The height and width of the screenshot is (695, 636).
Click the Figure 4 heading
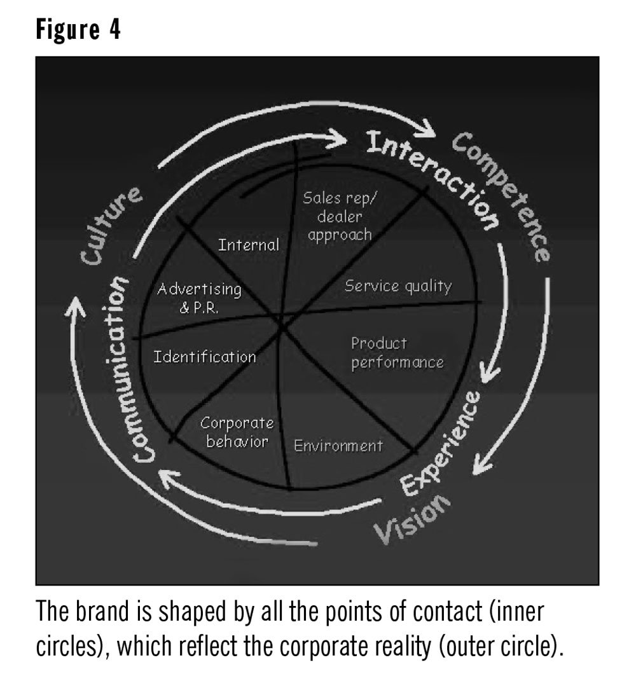[78, 31]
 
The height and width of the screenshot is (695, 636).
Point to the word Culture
[112, 225]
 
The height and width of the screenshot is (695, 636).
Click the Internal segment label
[248, 245]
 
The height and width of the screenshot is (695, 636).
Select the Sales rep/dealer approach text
[336, 216]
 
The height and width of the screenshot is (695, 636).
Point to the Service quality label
[397, 286]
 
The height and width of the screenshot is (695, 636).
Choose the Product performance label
[396, 353]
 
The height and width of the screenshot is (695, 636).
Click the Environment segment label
[338, 446]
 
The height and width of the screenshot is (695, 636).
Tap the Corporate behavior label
[237, 432]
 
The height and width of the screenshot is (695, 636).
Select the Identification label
[204, 357]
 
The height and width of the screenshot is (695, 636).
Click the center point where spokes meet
[282, 322]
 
